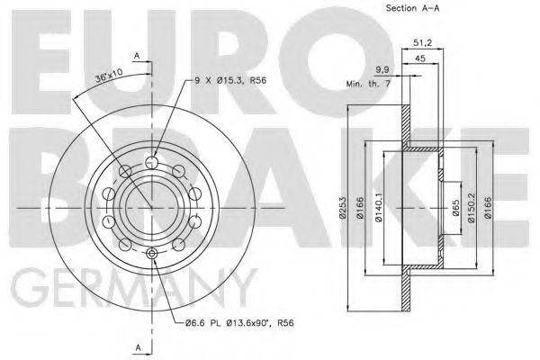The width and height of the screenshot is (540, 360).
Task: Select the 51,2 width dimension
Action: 424,40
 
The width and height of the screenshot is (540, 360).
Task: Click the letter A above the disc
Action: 137,56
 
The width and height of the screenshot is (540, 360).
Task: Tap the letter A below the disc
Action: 137,346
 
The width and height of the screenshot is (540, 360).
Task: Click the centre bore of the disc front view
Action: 151,209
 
